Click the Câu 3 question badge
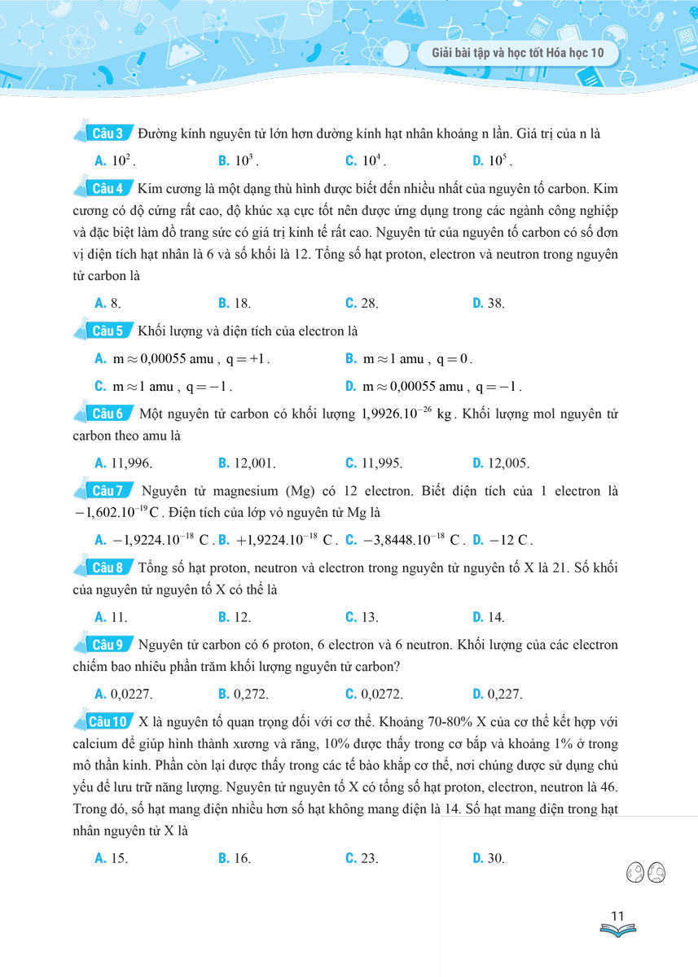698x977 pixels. (x=108, y=133)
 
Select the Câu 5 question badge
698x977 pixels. (x=108, y=331)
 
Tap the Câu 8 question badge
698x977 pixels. (x=108, y=567)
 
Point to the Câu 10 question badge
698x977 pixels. (x=109, y=721)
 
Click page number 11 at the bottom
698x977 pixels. (x=617, y=917)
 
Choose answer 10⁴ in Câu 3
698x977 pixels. (x=366, y=160)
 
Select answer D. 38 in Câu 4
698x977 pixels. (x=489, y=304)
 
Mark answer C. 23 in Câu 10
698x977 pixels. (x=362, y=858)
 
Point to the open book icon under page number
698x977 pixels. (x=617, y=930)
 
